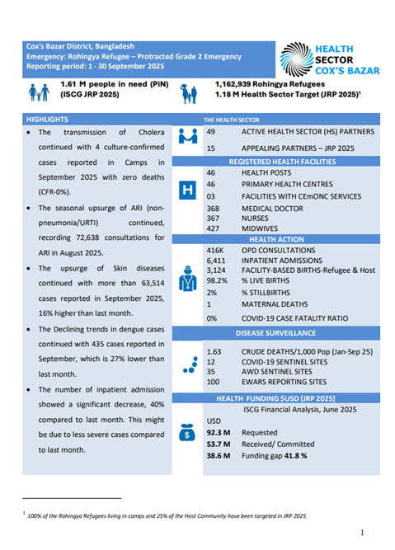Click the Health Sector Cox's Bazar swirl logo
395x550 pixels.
(295, 59)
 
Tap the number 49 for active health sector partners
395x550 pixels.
(212, 132)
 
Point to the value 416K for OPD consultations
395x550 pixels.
(217, 249)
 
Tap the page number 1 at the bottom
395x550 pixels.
(363, 533)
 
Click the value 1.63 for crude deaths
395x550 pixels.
(214, 352)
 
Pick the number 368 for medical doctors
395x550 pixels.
(214, 209)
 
